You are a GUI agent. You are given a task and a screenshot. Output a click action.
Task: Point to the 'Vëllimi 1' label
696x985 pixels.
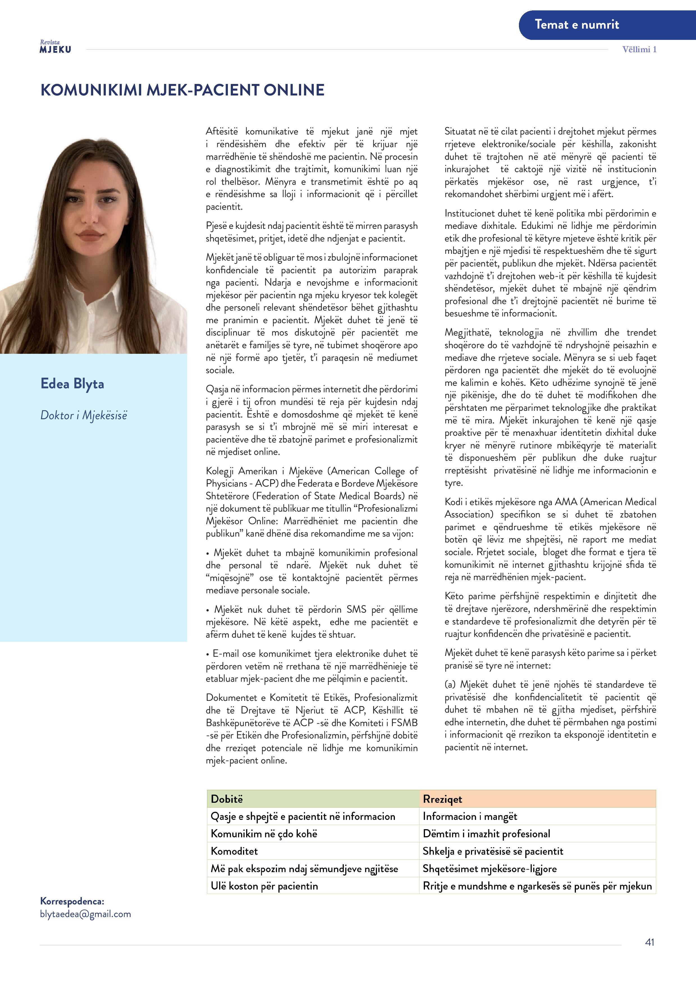(639, 49)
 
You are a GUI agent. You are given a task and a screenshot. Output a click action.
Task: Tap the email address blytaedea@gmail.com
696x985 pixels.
(85, 914)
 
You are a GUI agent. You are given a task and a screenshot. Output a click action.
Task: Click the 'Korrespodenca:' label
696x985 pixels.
(72, 901)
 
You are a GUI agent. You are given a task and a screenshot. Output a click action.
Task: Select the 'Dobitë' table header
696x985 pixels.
(227, 799)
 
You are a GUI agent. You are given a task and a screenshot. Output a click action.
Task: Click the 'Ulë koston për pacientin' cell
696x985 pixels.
(264, 886)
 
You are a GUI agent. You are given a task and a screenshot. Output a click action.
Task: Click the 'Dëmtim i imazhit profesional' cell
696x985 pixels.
(486, 834)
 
